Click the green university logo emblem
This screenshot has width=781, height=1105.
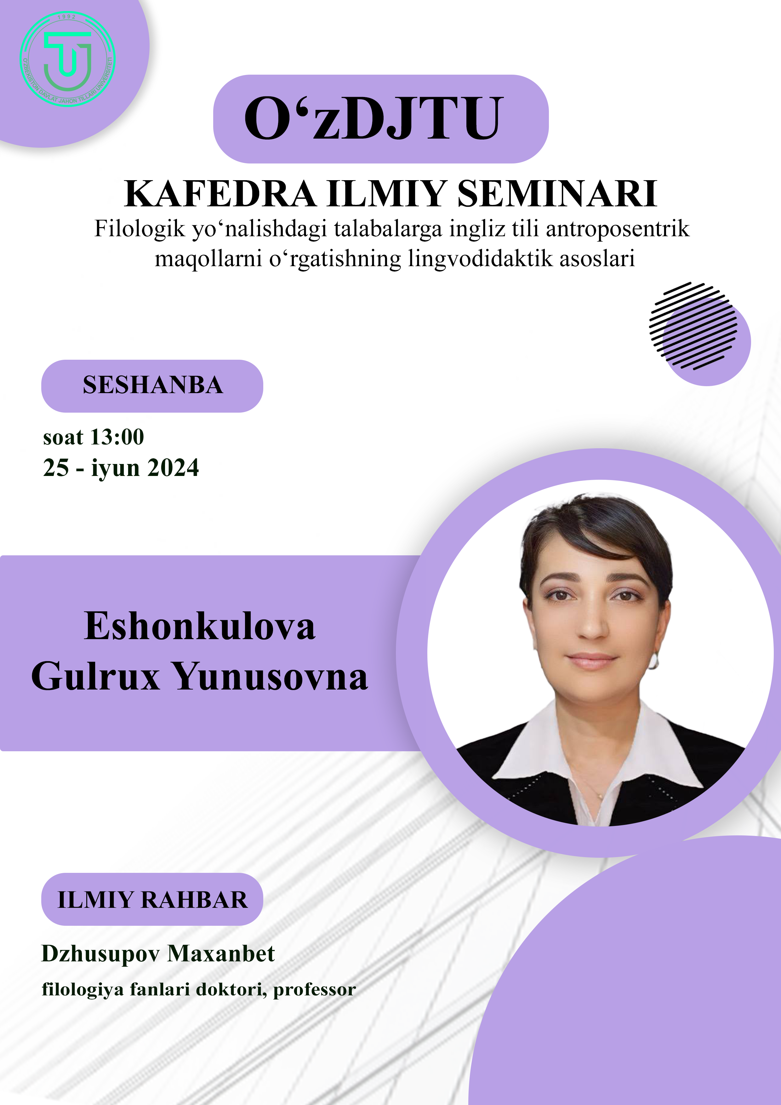pos(67,59)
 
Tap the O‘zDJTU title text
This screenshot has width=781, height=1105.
pos(374,118)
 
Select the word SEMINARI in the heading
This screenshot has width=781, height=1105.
pos(557,193)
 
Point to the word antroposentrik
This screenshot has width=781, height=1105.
pos(618,229)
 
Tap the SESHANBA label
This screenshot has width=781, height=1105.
pos(152,385)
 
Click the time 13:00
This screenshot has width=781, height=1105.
pos(117,437)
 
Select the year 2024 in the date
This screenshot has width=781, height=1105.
pos(173,468)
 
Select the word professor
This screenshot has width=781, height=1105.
pos(315,990)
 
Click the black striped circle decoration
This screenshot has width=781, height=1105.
pos(693,326)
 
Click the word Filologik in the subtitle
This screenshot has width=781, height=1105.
pos(140,229)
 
